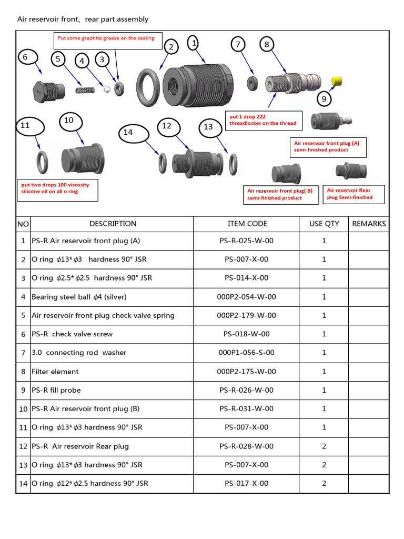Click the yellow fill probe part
[x=337, y=81]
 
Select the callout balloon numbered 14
[x=128, y=132]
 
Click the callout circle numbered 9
[x=324, y=99]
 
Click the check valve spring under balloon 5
[x=85, y=90]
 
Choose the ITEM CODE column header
[x=247, y=224]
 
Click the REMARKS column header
[x=369, y=224]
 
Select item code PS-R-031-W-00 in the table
[x=247, y=409]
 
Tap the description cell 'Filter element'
[x=55, y=372]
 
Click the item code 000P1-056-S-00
[x=247, y=353]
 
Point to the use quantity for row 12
[x=324, y=446]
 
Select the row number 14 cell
[x=23, y=484]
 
